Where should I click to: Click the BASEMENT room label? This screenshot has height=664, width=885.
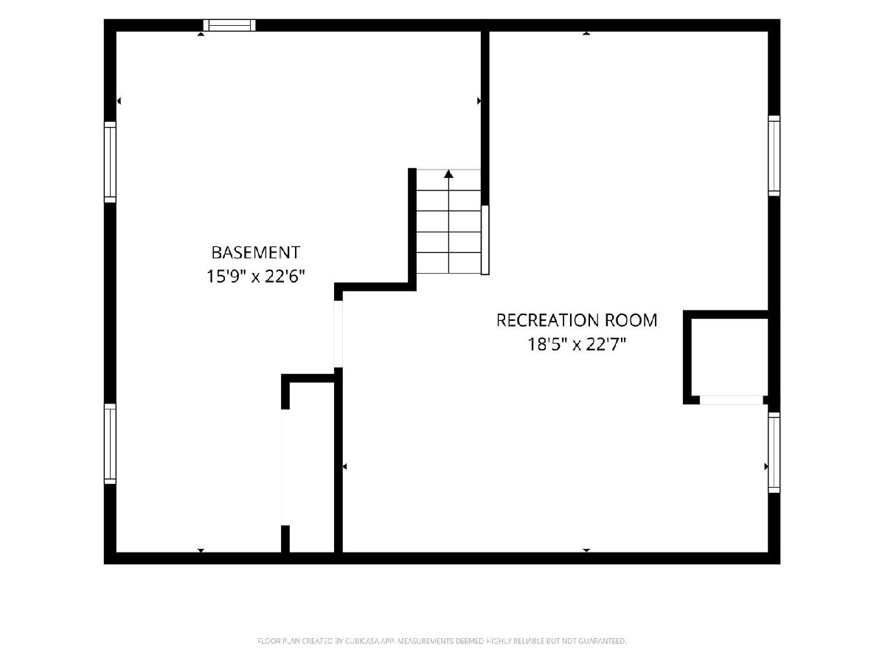click(x=256, y=253)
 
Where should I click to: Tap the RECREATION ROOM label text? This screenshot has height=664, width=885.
click(x=577, y=320)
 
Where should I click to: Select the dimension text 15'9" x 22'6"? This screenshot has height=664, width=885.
click(x=256, y=277)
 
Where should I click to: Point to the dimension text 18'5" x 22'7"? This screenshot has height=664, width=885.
click(x=577, y=345)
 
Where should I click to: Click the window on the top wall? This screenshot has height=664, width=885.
click(x=229, y=25)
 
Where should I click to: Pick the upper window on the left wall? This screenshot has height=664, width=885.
click(x=110, y=162)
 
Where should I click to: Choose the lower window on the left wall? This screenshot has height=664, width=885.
click(x=110, y=443)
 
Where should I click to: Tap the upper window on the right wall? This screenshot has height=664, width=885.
click(x=774, y=156)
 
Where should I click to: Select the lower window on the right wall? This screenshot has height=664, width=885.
click(x=774, y=452)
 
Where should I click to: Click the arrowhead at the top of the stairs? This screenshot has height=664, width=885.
click(x=448, y=174)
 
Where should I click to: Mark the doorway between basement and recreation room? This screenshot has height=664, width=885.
click(x=339, y=333)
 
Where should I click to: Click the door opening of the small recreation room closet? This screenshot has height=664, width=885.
click(x=732, y=400)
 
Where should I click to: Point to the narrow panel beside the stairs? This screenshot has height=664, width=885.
click(x=485, y=240)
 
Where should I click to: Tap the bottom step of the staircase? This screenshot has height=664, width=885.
click(x=448, y=263)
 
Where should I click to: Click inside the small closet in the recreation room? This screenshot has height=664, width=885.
click(x=729, y=357)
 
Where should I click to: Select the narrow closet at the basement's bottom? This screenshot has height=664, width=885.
click(x=312, y=467)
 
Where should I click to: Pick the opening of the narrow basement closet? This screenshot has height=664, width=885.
click(x=285, y=467)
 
